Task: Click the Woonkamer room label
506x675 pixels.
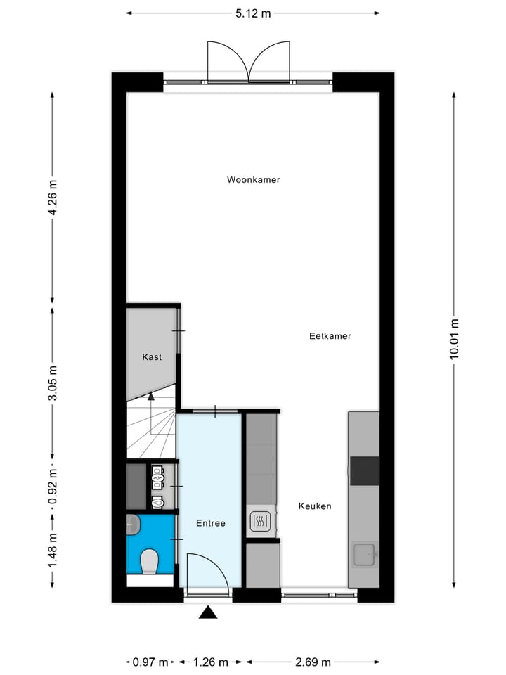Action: [x=253, y=180]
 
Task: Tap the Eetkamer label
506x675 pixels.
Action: [x=330, y=336]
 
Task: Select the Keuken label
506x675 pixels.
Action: [x=314, y=506]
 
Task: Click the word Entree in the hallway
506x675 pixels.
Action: [x=210, y=523]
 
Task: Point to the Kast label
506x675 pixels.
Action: [x=152, y=357]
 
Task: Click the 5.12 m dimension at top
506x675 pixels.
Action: [x=253, y=13]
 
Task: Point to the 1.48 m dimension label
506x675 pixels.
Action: [x=53, y=551]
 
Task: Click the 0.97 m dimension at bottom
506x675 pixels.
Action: [x=150, y=662]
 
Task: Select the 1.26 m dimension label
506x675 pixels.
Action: [x=210, y=662]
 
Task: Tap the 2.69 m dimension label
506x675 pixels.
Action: [x=313, y=662]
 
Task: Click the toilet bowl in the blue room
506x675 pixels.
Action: [x=149, y=562]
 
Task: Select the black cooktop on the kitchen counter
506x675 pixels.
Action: [x=364, y=470]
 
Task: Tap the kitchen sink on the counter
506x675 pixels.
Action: [x=365, y=554]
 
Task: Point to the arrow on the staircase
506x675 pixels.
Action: [x=150, y=397]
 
